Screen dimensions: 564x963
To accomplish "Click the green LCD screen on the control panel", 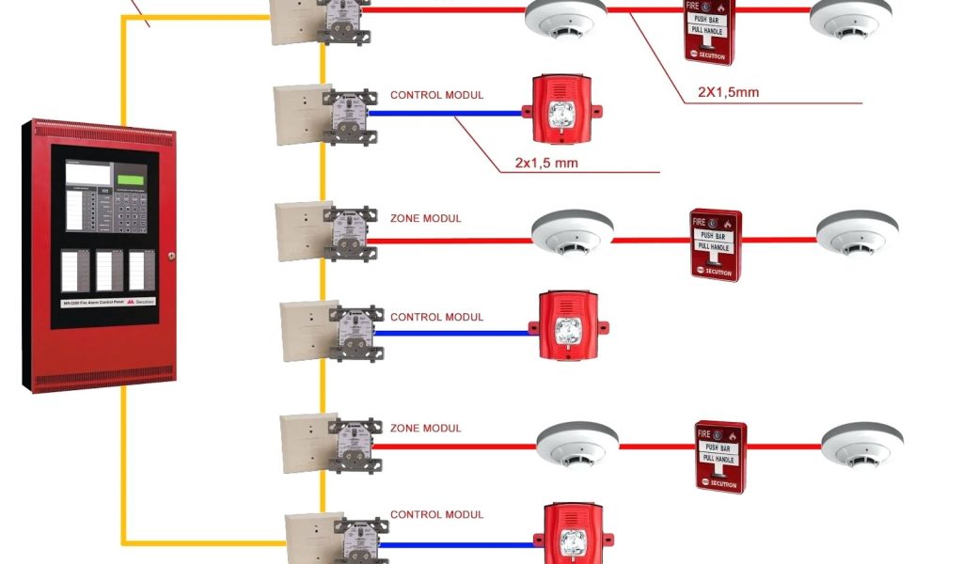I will (131, 175).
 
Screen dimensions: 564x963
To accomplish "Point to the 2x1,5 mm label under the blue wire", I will (545, 163).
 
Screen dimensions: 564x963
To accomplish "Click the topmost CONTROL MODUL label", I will (436, 95).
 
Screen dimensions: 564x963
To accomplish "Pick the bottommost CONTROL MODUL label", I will (436, 514).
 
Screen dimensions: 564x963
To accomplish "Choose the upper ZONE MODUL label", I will (425, 218).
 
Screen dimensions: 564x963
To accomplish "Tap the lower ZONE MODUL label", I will (425, 428).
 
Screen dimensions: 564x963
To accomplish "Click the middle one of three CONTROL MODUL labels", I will (436, 317).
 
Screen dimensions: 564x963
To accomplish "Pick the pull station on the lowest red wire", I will (720, 457).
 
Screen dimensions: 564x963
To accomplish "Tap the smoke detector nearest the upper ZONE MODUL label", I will (572, 231).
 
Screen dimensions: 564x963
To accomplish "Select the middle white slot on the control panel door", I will (109, 270).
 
